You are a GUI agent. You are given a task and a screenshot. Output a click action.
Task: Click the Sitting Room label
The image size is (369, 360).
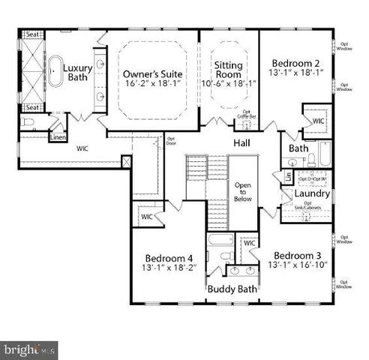229,70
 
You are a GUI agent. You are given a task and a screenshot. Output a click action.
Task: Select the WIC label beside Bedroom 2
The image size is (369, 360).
317,120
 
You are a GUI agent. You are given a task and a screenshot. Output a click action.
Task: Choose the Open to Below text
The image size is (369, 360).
241,193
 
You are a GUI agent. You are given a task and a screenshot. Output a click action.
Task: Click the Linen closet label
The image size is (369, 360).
58,138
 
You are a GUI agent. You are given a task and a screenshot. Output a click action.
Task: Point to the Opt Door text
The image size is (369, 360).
171,139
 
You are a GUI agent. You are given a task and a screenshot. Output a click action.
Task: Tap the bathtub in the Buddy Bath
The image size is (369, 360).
220,241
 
